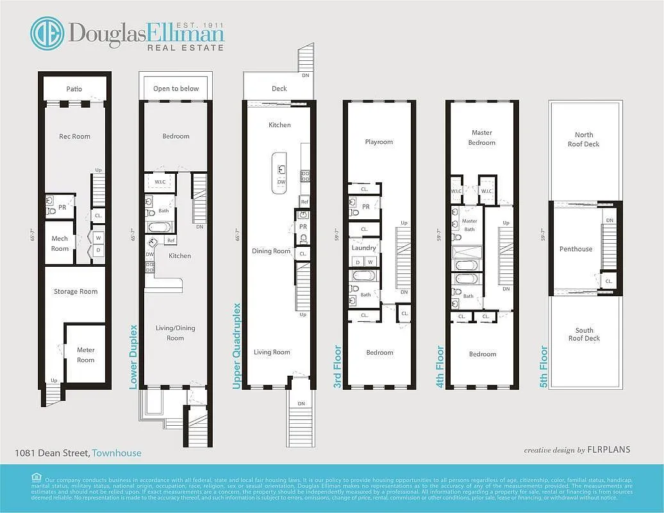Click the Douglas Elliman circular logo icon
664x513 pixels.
tap(47, 34)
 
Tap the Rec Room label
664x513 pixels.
tap(75, 137)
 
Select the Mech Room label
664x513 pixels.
tap(60, 244)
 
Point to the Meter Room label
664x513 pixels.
tap(86, 355)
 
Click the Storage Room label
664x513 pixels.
tap(76, 292)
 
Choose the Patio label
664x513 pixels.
tap(74, 89)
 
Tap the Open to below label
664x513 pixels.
tap(176, 89)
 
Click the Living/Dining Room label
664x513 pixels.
tap(175, 333)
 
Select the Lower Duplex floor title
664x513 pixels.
tap(134, 357)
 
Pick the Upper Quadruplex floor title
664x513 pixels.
tap(237, 346)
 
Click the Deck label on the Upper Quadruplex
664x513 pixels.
tap(279, 89)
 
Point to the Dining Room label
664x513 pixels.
tap(271, 251)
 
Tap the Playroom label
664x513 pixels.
tap(379, 142)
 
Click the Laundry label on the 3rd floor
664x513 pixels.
tap(363, 248)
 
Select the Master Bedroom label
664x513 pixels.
tap(482, 137)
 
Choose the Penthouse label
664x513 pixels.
tap(576, 249)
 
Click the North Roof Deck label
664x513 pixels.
tap(584, 139)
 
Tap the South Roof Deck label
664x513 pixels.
tap(584, 334)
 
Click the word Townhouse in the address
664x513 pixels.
tap(117, 453)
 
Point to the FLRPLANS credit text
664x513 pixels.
tap(609, 450)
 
